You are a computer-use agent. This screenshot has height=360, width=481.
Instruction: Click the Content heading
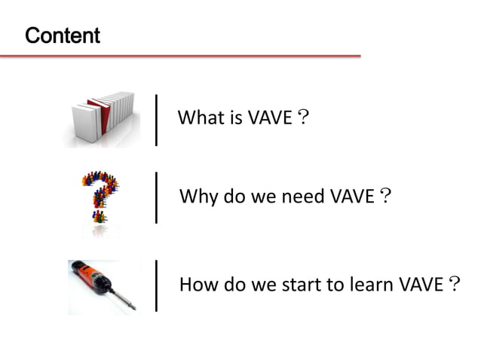pos(63,35)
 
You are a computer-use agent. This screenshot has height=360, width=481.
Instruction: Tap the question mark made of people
pos(100,197)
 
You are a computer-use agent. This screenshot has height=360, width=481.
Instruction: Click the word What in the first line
pos(197,118)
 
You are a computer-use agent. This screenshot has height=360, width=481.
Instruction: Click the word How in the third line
pos(197,285)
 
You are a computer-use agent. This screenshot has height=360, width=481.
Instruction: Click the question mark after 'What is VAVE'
pos(302,118)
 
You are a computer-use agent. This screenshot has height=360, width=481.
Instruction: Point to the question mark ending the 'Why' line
pos(384,198)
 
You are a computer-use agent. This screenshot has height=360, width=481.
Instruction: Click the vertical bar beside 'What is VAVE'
pos(156,118)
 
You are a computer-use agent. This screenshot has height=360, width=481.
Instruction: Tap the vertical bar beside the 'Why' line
pos(156,198)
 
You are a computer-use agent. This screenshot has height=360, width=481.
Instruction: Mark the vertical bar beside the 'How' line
pos(156,285)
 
